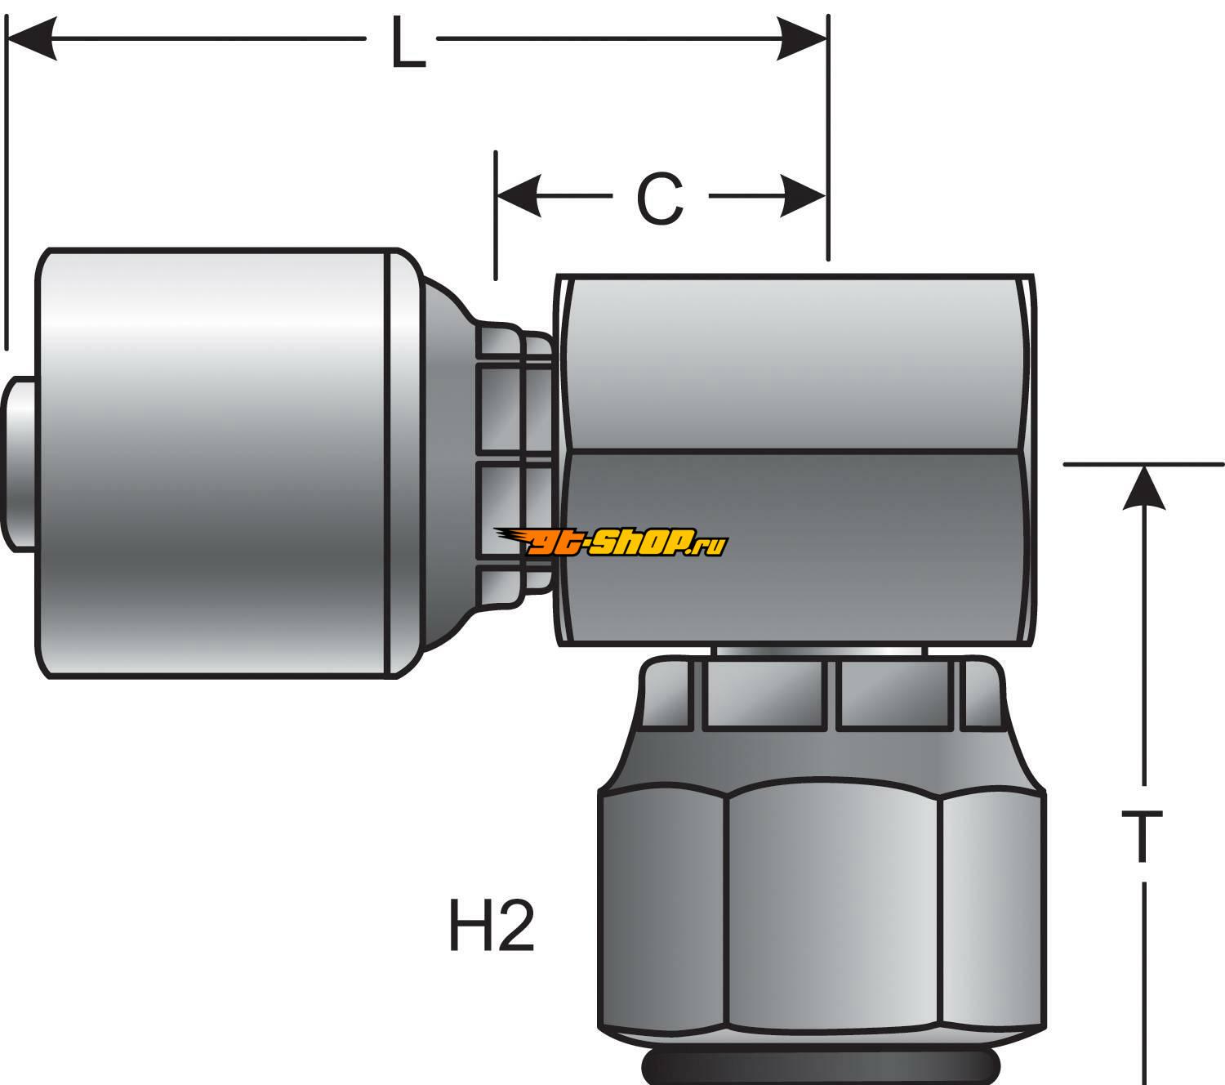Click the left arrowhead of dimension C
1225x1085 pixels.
pos(519,197)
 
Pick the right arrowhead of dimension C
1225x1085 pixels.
pos(804,197)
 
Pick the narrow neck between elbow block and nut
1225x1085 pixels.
pos(821,651)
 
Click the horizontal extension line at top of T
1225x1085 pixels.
pos(1143,464)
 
